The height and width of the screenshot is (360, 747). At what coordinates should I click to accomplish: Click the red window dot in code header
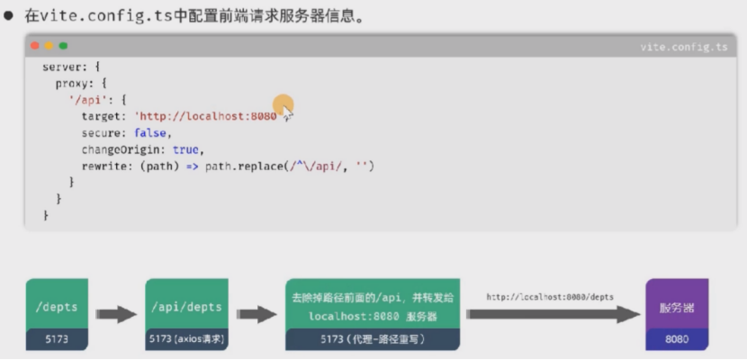[34, 46]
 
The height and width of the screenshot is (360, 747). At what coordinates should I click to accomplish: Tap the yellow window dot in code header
[49, 46]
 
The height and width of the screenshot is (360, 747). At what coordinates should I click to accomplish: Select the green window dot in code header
[63, 46]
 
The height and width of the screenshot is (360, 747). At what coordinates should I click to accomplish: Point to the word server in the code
[62, 67]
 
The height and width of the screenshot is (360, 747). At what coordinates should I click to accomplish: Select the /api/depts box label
[186, 306]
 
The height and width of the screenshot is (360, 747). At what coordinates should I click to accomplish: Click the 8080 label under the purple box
[677, 339]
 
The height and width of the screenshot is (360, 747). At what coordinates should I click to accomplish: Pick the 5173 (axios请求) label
[186, 339]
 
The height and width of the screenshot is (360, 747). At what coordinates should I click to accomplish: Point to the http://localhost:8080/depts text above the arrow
[551, 296]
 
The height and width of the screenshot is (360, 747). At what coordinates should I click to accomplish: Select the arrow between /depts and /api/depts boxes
[114, 315]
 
